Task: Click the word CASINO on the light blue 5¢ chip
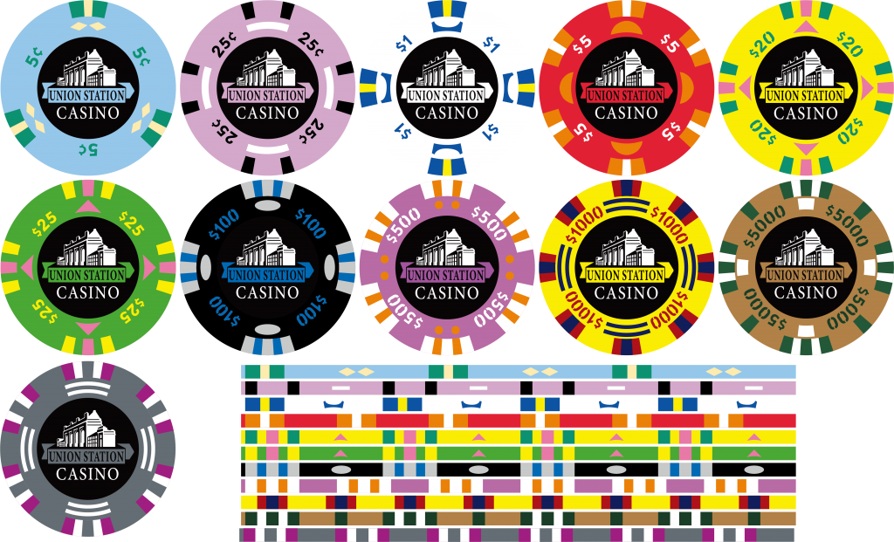pyautogui.click(x=88, y=113)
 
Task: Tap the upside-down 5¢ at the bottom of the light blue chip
pyautogui.click(x=89, y=149)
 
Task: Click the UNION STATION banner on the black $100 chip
pyautogui.click(x=267, y=274)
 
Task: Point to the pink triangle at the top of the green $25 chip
pyautogui.click(x=88, y=206)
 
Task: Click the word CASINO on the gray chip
pyautogui.click(x=88, y=474)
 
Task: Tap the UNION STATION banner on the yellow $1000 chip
pyautogui.click(x=625, y=275)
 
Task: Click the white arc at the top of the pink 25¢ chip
pyautogui.click(x=267, y=27)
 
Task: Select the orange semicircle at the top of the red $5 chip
pyautogui.click(x=625, y=27)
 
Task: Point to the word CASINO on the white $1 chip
pyautogui.click(x=446, y=113)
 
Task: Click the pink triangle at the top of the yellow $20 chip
pyautogui.click(x=805, y=26)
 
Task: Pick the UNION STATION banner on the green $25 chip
pyautogui.click(x=88, y=274)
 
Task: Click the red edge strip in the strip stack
pyautogui.click(x=518, y=422)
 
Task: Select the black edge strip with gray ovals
pyautogui.click(x=518, y=470)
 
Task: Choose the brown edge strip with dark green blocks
pyautogui.click(x=518, y=518)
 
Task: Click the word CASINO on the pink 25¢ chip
pyautogui.click(x=267, y=113)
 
